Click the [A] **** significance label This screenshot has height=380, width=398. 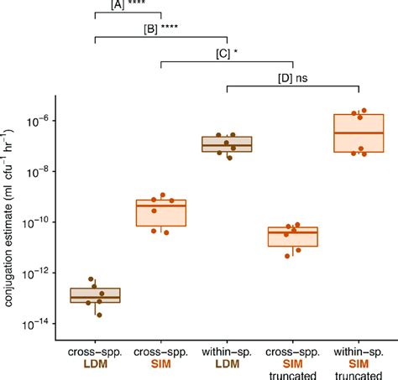[128, 5]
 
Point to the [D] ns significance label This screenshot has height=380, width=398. [292, 77]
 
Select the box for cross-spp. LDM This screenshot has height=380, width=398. [95, 295]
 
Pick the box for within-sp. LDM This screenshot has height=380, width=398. [227, 143]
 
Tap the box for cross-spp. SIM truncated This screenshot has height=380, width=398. [292, 237]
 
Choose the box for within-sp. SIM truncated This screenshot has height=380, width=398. [359, 133]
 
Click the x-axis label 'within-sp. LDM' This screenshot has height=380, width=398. [227, 356]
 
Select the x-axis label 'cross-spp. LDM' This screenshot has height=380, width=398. [95, 356]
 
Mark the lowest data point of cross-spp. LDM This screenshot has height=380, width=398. [99, 315]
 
